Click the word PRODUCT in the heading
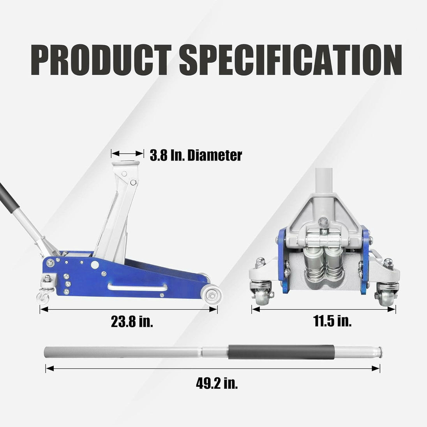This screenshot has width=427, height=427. [x=101, y=60]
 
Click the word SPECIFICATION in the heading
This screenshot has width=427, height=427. [x=291, y=60]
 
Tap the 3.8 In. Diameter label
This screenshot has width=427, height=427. [x=196, y=155]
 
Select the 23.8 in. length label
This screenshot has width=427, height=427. [x=132, y=321]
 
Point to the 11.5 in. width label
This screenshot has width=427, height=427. [x=332, y=321]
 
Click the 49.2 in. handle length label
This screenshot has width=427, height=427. [x=217, y=383]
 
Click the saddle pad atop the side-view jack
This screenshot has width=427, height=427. [x=126, y=163]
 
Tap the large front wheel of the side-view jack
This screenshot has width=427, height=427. [x=211, y=295]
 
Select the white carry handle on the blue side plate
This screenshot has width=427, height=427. [x=138, y=287]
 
